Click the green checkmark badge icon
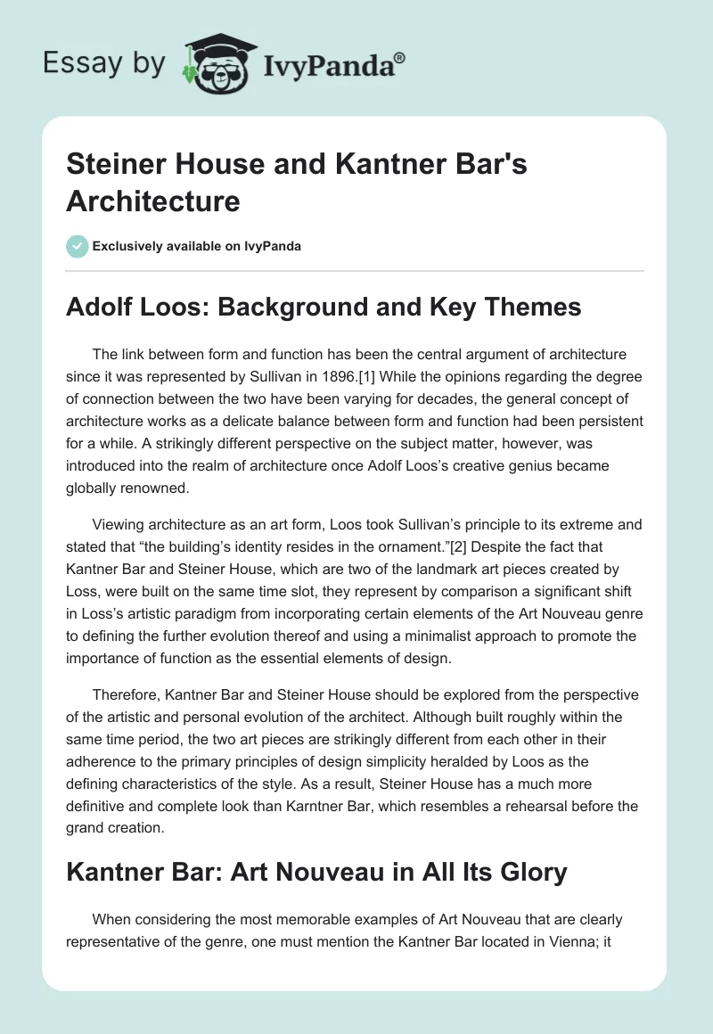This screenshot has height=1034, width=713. (x=78, y=246)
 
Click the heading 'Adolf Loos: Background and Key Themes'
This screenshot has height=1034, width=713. (x=324, y=307)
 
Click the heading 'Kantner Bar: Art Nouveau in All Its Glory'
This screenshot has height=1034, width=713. (x=316, y=871)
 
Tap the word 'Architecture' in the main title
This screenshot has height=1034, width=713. (x=153, y=201)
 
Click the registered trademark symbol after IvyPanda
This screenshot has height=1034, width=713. (x=400, y=56)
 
